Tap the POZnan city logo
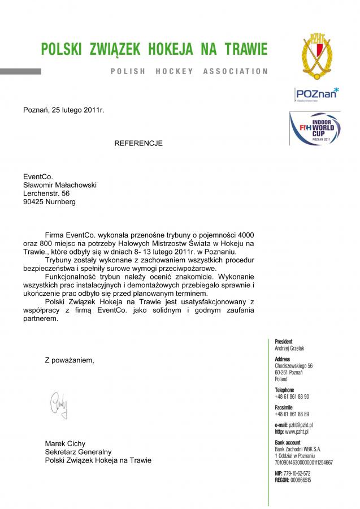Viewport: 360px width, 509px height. click(316, 93)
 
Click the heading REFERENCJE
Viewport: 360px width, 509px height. click(138, 143)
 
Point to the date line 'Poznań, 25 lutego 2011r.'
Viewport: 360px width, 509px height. click(64, 110)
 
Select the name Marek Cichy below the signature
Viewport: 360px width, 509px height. click(65, 443)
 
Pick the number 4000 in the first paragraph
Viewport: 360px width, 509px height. click(243, 234)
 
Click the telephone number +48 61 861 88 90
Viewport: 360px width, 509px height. click(292, 396)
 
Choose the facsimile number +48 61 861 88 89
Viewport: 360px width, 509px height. click(292, 414)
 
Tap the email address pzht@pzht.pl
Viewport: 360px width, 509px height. click(301, 425)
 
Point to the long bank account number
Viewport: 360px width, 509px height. click(303, 462)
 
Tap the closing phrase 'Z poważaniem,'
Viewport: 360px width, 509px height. click(70, 360)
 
